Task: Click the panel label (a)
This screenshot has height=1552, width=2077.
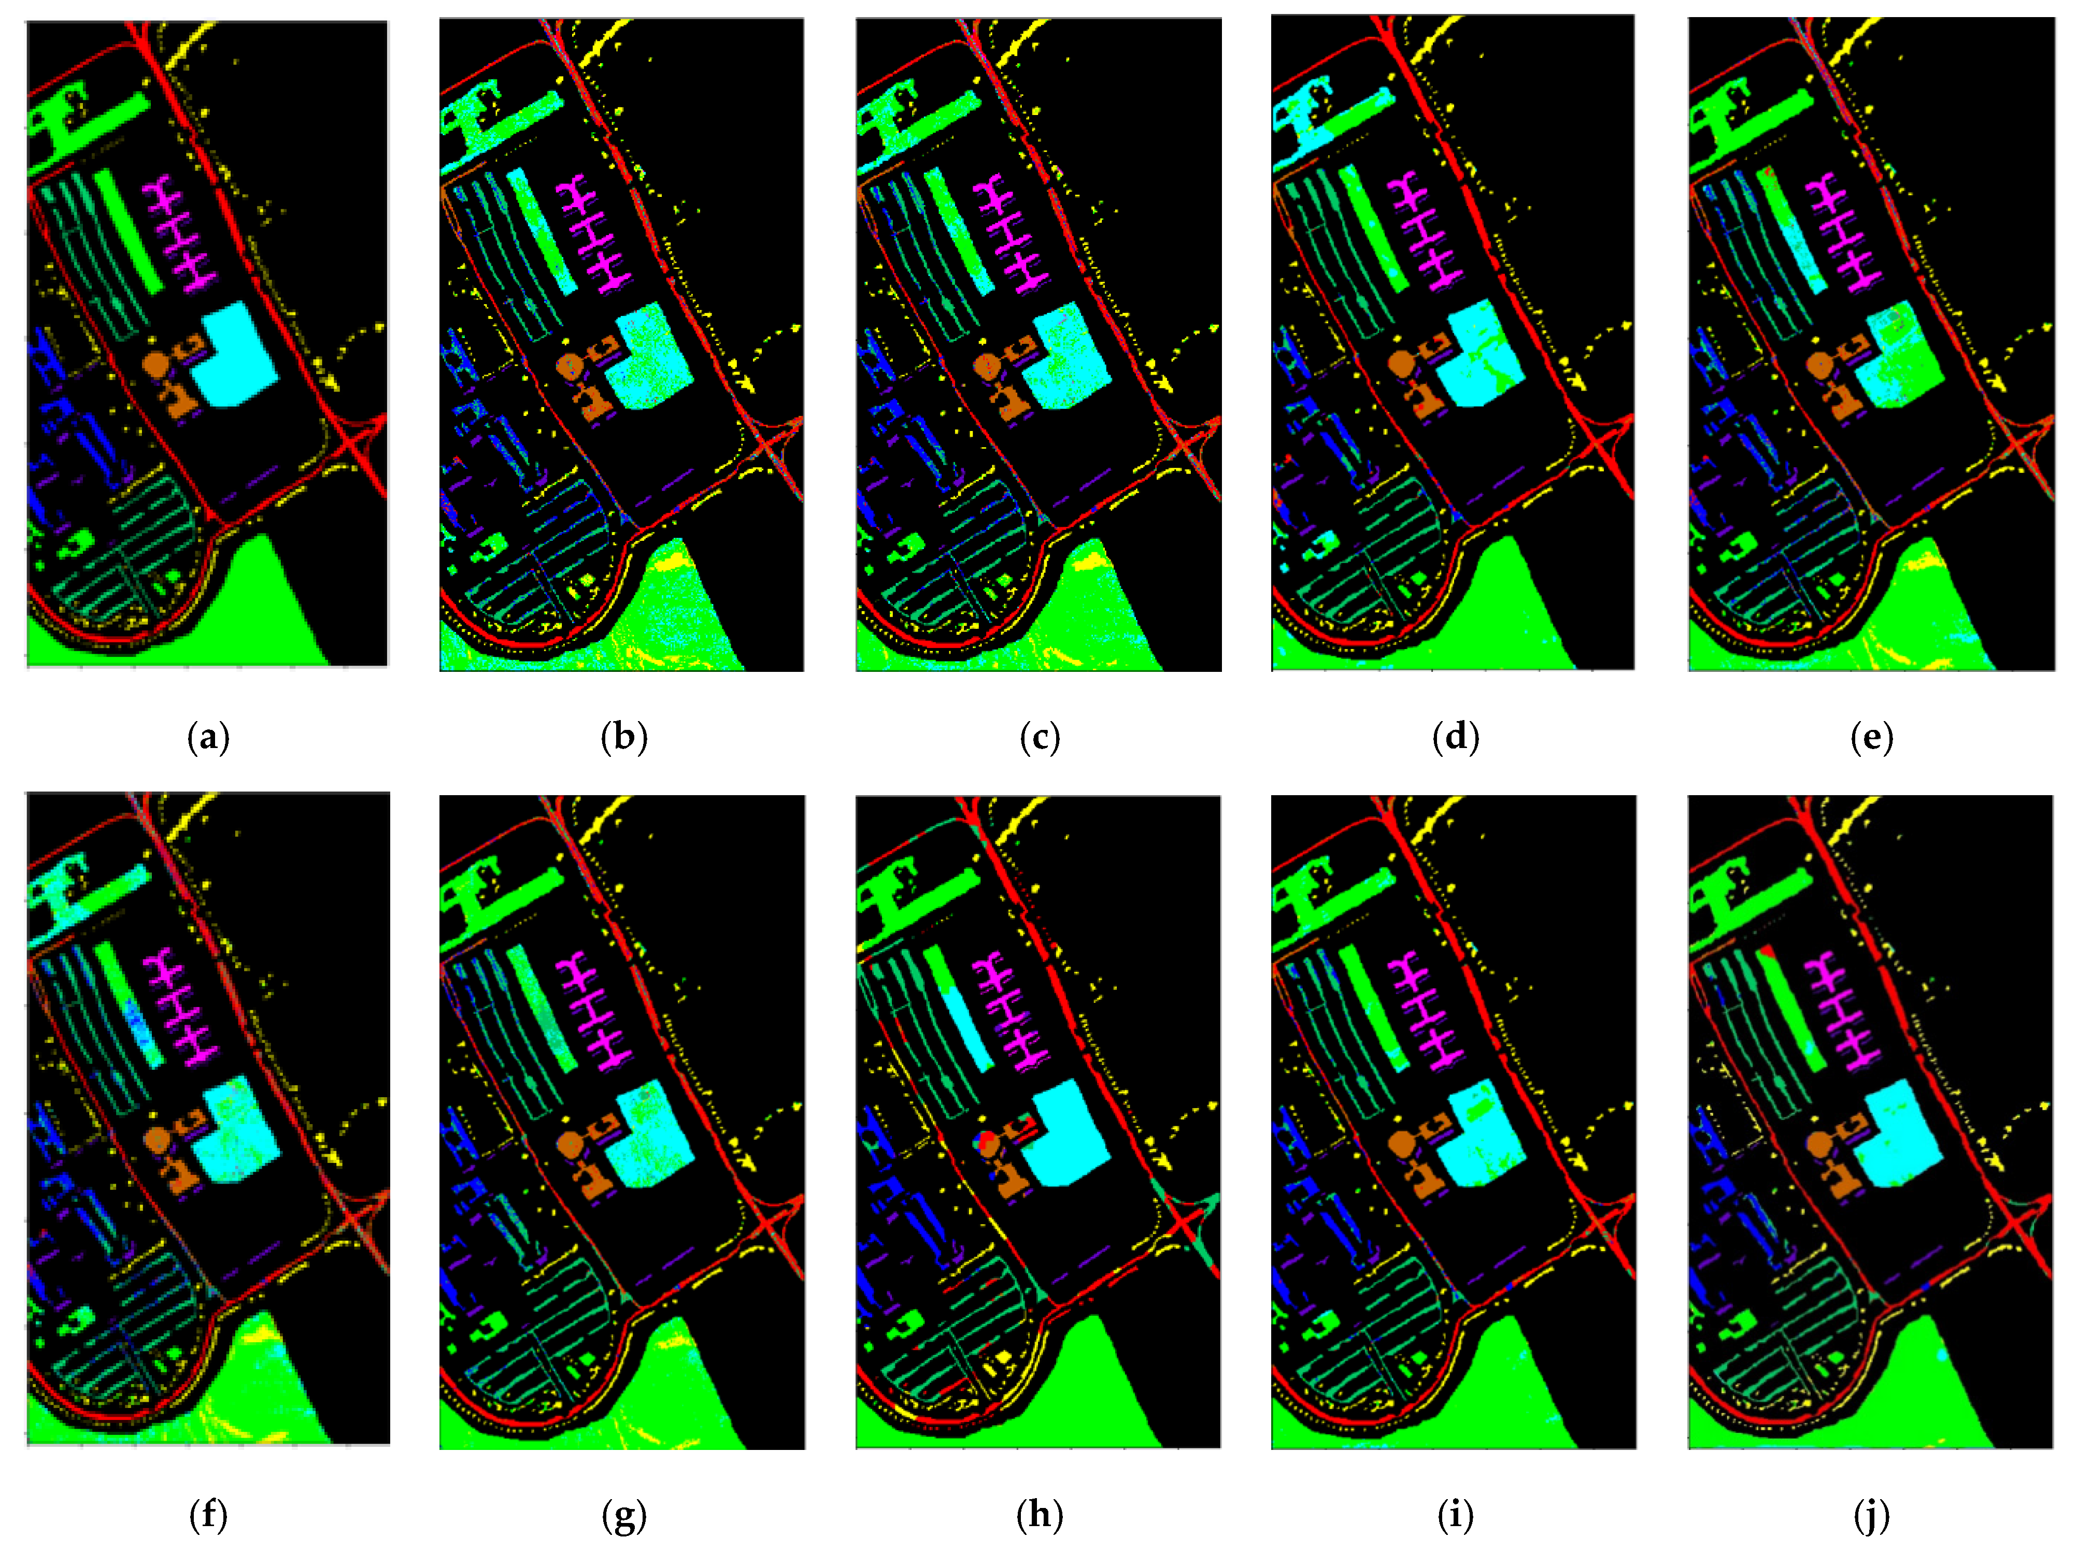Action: coord(208,738)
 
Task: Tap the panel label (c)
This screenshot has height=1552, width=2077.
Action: coord(1040,738)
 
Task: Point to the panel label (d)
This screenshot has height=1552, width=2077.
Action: coord(1455,738)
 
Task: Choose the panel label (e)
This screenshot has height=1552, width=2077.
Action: coord(1871,738)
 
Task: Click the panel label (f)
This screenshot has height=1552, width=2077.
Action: coord(208,1515)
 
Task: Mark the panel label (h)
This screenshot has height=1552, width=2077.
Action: coord(1040,1515)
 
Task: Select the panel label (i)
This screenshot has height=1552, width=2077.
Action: coord(1455,1515)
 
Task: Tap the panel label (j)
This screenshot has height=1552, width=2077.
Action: coord(1871,1515)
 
